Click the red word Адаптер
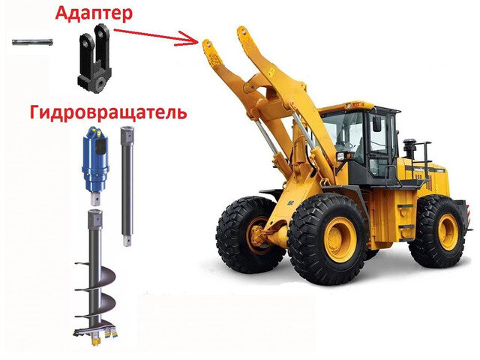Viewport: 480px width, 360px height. [x=94, y=13]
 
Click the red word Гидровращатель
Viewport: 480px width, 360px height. [x=108, y=113]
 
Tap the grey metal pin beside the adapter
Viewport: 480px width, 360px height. [x=32, y=42]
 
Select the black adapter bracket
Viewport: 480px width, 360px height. [x=95, y=58]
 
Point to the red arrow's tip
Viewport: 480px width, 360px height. [x=198, y=42]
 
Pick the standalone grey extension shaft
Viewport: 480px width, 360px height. [x=127, y=186]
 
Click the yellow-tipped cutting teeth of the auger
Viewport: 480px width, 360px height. [x=98, y=335]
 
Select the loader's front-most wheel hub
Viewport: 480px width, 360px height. [x=260, y=236]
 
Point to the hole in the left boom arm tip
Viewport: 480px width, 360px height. [x=208, y=44]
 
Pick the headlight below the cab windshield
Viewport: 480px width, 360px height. [x=341, y=156]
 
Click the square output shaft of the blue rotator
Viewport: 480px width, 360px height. [x=96, y=198]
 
